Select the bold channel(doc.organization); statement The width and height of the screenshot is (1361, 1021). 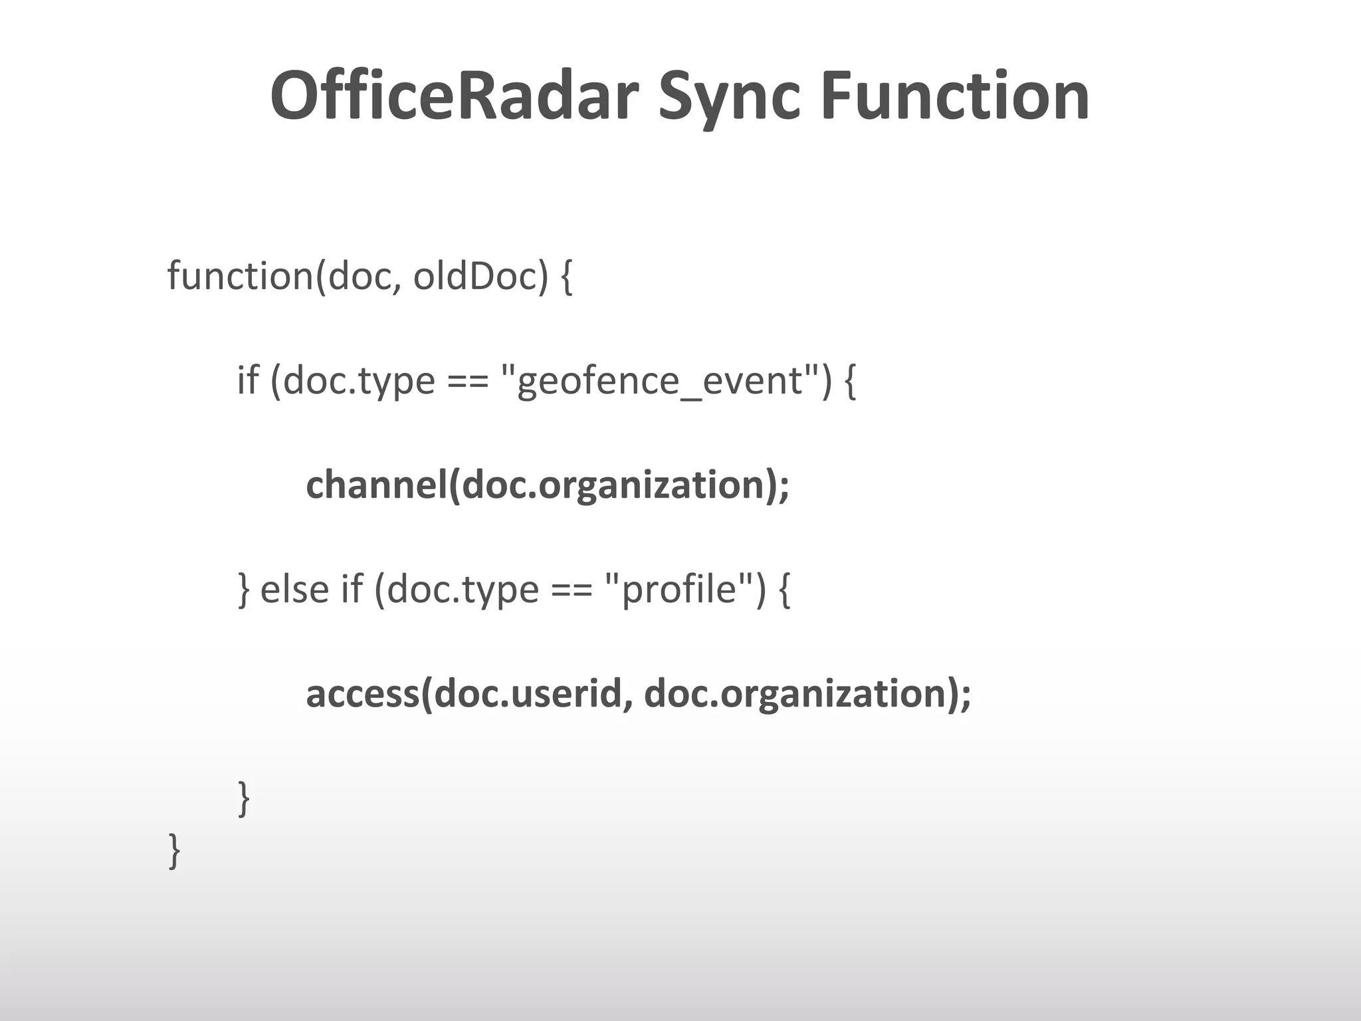pyautogui.click(x=548, y=485)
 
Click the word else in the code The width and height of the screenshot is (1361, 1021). pyautogui.click(x=294, y=589)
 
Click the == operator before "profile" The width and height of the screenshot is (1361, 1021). pyautogui.click(x=571, y=590)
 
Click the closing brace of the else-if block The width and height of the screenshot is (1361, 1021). pyautogui.click(x=244, y=798)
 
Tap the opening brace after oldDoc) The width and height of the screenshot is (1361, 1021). pyautogui.click(x=566, y=277)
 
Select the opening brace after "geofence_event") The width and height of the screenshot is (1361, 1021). pyautogui.click(x=849, y=382)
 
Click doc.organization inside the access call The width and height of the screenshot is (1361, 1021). pyautogui.click(x=795, y=693)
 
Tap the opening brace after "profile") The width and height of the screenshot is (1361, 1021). pyautogui.click(x=784, y=590)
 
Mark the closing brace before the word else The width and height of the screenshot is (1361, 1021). pyautogui.click(x=244, y=590)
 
